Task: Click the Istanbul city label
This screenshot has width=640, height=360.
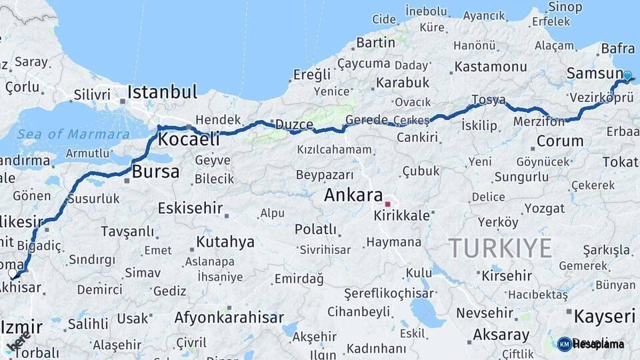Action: click(x=162, y=91)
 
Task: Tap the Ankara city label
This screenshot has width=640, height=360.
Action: click(x=353, y=195)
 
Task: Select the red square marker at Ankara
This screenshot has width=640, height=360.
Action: click(x=387, y=203)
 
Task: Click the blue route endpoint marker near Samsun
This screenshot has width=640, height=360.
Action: click(x=627, y=76)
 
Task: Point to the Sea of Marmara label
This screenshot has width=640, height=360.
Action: click(x=73, y=134)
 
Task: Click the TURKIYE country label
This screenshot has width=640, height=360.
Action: click(x=500, y=248)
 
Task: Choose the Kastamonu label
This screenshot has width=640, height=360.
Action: click(x=491, y=67)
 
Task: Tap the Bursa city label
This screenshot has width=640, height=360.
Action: click(x=156, y=172)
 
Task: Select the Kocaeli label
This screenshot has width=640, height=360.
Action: click(x=189, y=139)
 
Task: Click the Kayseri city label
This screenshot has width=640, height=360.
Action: click(x=605, y=316)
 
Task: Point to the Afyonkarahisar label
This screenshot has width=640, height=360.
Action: click(x=229, y=317)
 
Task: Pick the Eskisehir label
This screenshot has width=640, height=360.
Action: click(x=190, y=208)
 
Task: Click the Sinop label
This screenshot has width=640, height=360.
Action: click(x=565, y=7)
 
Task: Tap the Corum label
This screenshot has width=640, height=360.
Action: click(x=559, y=141)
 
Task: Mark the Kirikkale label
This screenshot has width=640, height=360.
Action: click(x=401, y=216)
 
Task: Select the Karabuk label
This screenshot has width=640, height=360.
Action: click(x=403, y=83)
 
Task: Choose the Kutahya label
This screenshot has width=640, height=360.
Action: click(x=225, y=242)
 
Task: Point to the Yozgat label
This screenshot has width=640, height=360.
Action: click(x=544, y=208)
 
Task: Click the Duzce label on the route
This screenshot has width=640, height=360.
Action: click(x=294, y=125)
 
